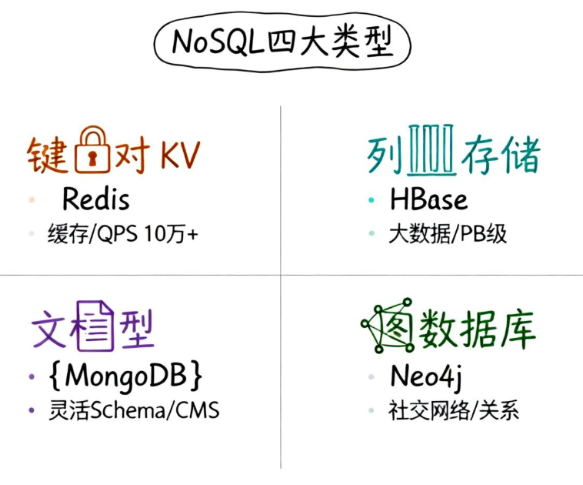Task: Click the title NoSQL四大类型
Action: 282,42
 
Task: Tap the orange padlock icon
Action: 92,150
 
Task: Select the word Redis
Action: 95,200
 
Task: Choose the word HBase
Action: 428,200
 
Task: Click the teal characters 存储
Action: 500,156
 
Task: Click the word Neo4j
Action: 425,377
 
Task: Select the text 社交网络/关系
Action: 454,410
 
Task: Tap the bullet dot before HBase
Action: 371,200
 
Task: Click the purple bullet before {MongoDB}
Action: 32,376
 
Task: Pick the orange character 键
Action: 48,156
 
